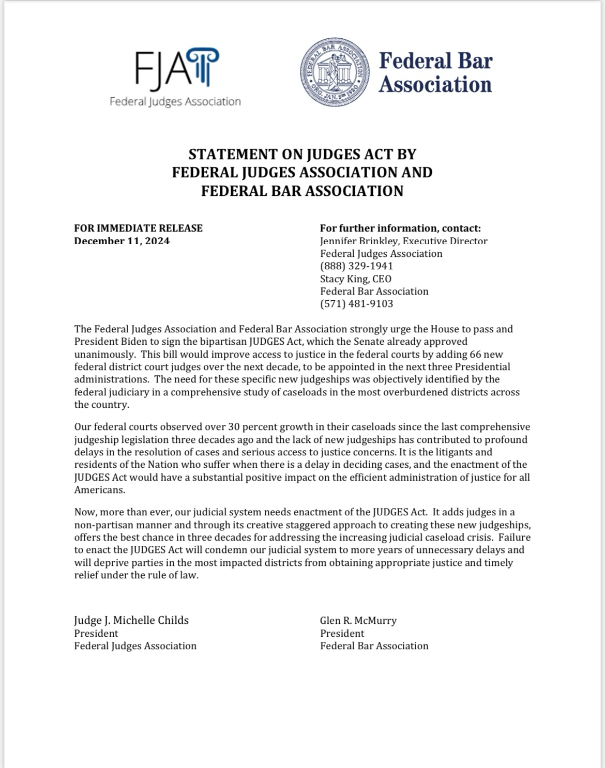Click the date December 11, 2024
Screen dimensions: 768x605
tap(122, 241)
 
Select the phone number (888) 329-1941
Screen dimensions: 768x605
tap(356, 266)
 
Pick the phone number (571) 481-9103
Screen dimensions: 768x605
tap(356, 304)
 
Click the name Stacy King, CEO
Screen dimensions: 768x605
tap(356, 279)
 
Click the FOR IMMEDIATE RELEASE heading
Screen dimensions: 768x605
tap(138, 228)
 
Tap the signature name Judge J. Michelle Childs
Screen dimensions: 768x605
tap(131, 620)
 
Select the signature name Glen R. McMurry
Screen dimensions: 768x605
tap(358, 620)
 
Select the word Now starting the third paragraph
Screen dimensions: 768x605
tap(84, 512)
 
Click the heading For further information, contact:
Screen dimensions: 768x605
tap(400, 228)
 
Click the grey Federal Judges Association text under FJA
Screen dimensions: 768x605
tap(175, 102)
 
